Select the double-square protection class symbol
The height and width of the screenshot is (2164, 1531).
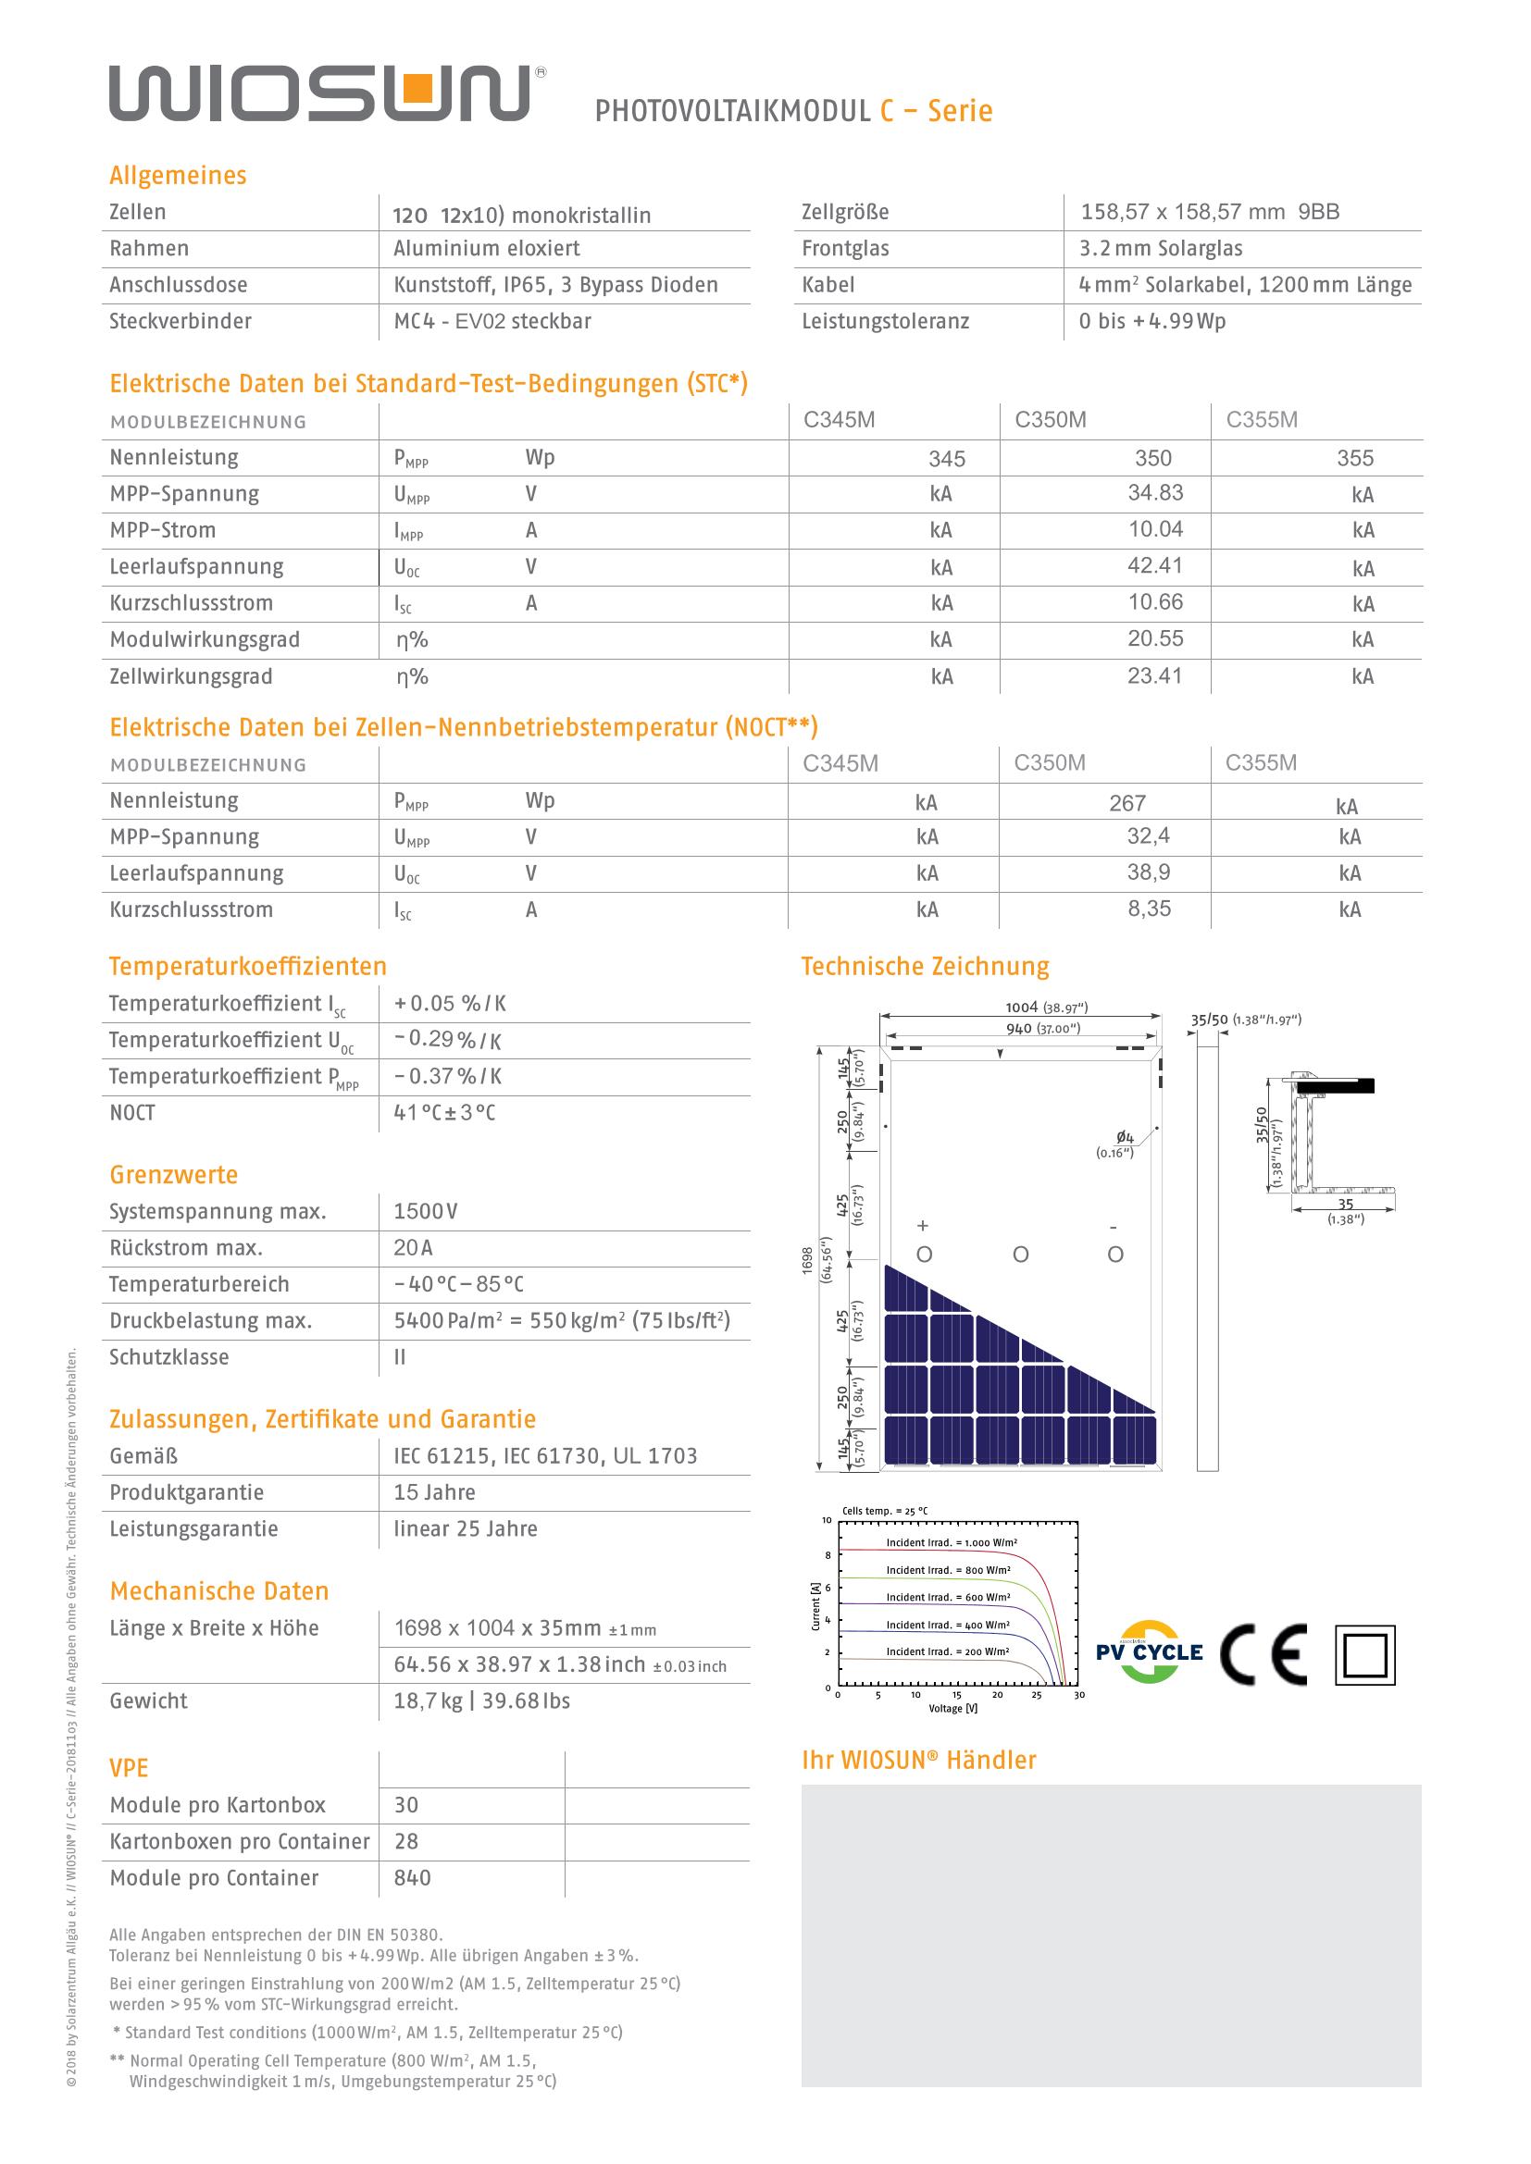tap(1364, 1655)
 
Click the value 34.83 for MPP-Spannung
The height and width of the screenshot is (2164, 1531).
tap(1155, 493)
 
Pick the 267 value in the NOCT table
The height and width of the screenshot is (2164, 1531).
tap(1126, 803)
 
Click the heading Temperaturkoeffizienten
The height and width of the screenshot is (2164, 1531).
tap(247, 966)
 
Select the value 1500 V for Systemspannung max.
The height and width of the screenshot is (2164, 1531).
tap(425, 1211)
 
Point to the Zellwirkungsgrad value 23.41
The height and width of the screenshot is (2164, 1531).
tap(1154, 675)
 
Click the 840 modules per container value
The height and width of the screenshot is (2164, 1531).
tap(412, 1877)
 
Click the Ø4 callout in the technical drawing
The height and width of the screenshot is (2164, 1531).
tap(1124, 1139)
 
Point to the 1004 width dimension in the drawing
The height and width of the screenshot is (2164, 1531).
tap(1021, 1007)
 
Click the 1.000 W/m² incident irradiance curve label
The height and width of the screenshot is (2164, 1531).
tap(951, 1543)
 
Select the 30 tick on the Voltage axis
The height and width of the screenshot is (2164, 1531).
tap(1078, 1695)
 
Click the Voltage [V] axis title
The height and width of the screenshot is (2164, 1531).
tap(952, 1709)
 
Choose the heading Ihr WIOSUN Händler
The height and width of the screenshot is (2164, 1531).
tap(918, 1760)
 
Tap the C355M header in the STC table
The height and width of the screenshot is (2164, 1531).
tap(1262, 420)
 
